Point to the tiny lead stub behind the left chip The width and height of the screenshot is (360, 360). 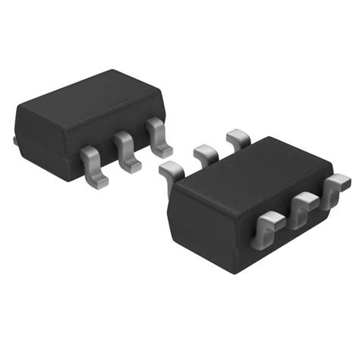[14, 141]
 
